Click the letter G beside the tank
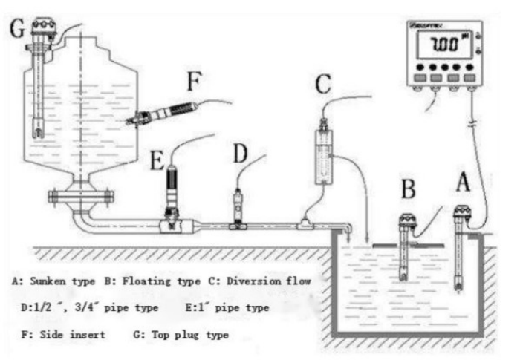pos(16,30)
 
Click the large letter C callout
pos(322,82)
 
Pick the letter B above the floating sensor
pos(408,187)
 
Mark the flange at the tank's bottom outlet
pos(81,197)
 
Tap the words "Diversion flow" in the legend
pos(269,281)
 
